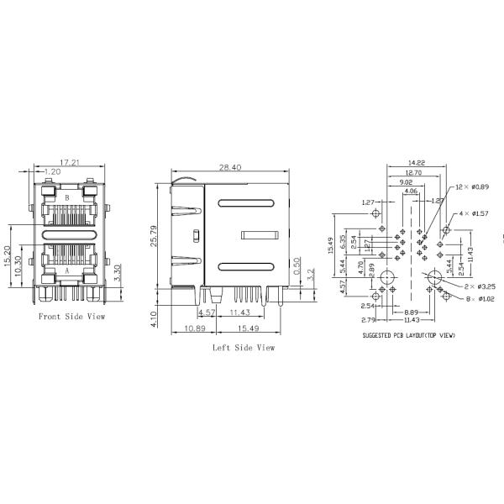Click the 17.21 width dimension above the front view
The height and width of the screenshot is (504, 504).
(70, 161)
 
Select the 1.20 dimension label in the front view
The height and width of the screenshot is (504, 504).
(52, 171)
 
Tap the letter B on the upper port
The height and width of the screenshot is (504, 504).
(68, 197)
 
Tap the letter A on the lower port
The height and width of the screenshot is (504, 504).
(68, 272)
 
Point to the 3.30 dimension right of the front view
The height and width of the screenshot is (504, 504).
(118, 274)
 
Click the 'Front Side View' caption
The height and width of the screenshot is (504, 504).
(72, 317)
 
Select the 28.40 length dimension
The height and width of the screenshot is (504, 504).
(230, 168)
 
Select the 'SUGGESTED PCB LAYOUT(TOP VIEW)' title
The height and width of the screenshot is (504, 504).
(409, 334)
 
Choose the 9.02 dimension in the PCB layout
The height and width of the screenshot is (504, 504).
(405, 182)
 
